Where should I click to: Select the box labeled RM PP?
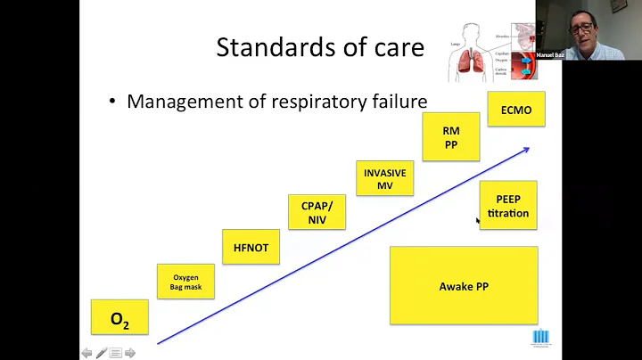click(x=450, y=138)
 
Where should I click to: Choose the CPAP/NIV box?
click(x=317, y=213)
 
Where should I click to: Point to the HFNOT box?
click(x=251, y=247)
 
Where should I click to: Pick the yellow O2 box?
click(x=119, y=318)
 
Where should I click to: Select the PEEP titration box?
click(x=508, y=206)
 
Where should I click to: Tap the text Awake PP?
click(x=463, y=286)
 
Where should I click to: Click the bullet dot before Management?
click(x=112, y=102)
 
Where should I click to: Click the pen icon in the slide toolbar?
click(x=102, y=353)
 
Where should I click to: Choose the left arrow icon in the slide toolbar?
click(x=87, y=353)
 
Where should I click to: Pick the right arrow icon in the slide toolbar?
click(x=130, y=353)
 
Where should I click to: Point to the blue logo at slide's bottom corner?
click(x=540, y=336)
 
